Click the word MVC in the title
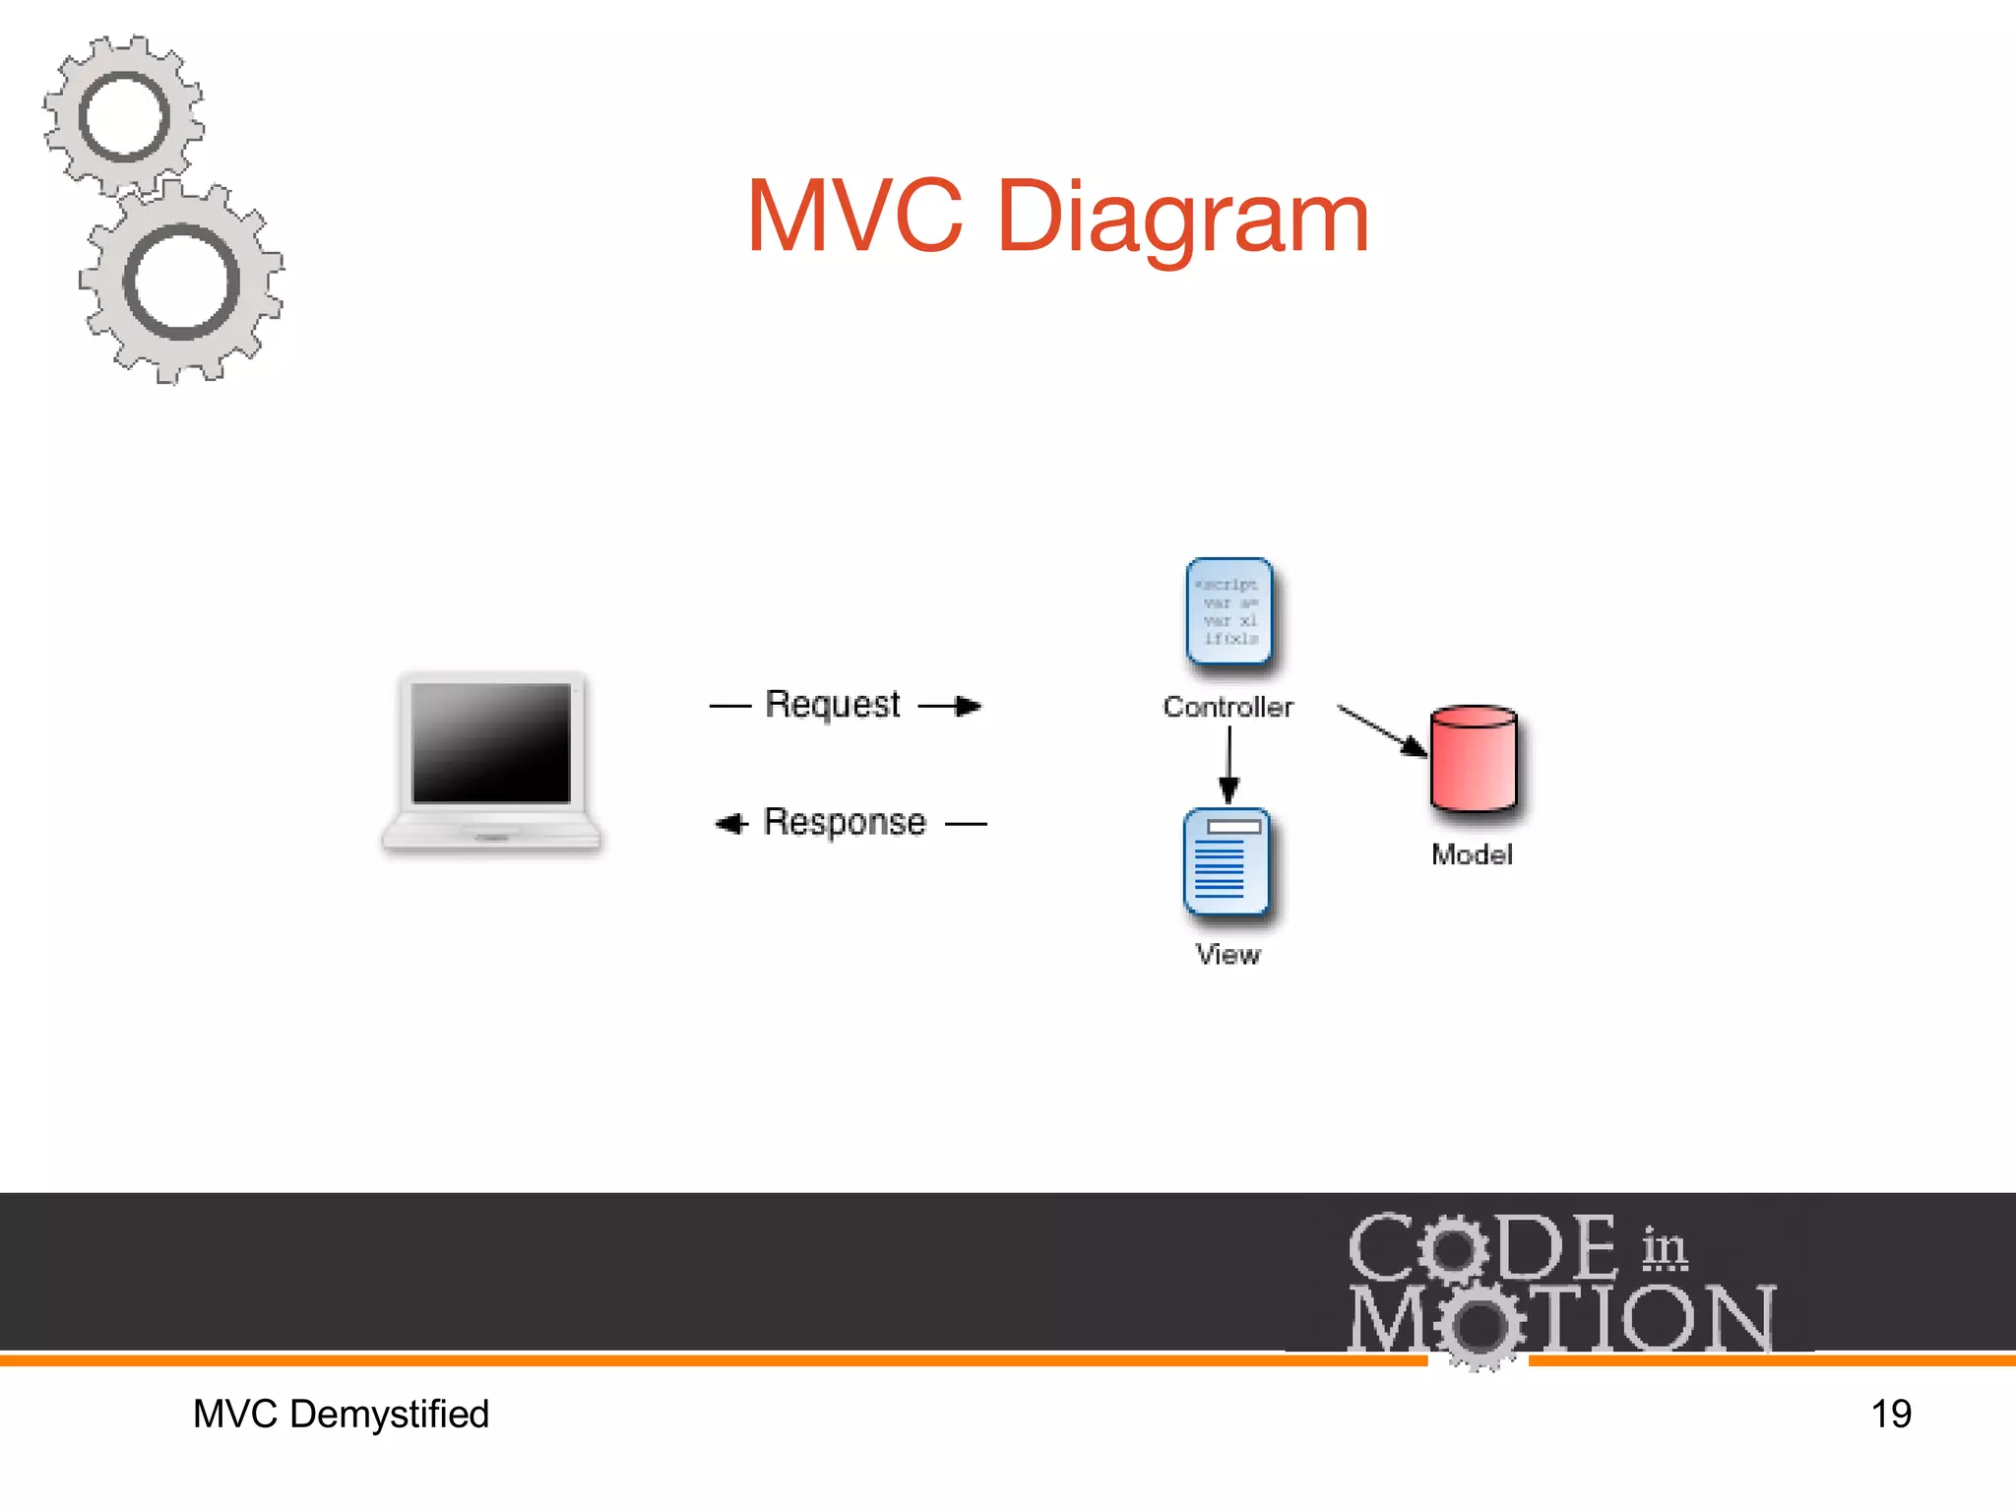tap(854, 217)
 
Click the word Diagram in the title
tap(1181, 219)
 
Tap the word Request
tap(832, 705)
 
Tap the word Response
tap(845, 822)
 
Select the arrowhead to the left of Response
tap(730, 823)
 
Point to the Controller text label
tap(1228, 707)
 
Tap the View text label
tap(1228, 954)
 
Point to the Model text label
tap(1472, 854)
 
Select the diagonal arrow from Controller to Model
tap(1382, 730)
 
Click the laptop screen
tap(491, 743)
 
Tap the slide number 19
tap(1890, 1415)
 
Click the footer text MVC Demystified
tap(341, 1415)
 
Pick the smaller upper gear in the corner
tap(124, 117)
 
